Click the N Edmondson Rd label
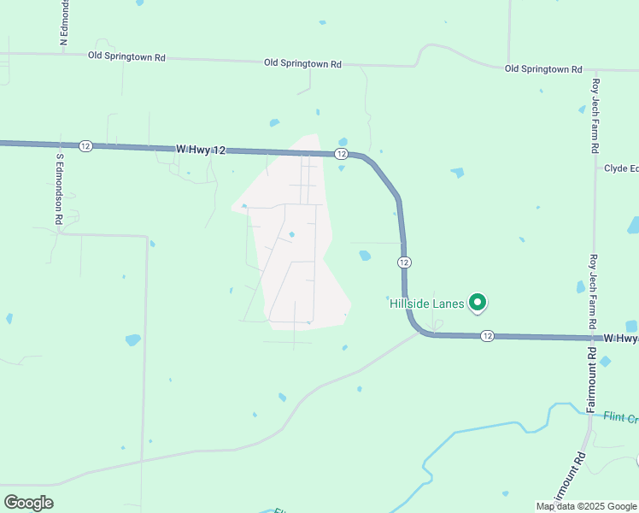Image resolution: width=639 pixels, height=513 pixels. [x=63, y=21]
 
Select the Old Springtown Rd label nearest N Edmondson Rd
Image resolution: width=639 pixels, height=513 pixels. [x=126, y=57]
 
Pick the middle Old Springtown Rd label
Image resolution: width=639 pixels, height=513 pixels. [x=302, y=63]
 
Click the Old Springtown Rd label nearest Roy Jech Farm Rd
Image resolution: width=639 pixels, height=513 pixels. [x=543, y=69]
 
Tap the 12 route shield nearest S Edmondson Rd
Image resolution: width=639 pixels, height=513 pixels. [x=85, y=146]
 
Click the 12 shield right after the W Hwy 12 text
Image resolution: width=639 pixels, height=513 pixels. [x=341, y=154]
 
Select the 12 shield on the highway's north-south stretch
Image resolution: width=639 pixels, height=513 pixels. [x=404, y=261]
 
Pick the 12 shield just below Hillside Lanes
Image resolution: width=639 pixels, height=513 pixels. [x=486, y=336]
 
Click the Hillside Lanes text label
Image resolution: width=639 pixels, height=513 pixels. [x=427, y=304]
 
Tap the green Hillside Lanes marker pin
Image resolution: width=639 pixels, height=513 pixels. [x=478, y=302]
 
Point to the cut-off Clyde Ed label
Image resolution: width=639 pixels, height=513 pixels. [x=621, y=168]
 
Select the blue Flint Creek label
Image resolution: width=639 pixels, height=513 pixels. [x=621, y=418]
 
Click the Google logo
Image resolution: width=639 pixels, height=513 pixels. [x=28, y=503]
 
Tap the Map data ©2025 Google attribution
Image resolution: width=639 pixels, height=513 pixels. [x=585, y=506]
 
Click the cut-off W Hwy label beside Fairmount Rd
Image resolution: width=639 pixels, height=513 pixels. [x=621, y=339]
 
